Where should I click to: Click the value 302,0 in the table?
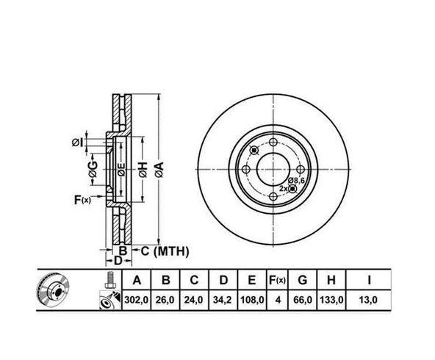136,300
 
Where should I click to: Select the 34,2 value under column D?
223,300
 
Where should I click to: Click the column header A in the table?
136,280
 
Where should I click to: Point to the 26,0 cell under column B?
166,300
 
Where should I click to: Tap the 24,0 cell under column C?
194,300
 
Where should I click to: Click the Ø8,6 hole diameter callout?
296,180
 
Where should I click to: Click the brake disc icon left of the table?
51,292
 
